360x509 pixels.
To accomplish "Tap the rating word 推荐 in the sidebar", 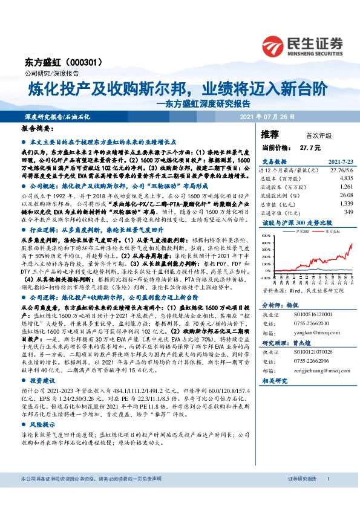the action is click(270, 134).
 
